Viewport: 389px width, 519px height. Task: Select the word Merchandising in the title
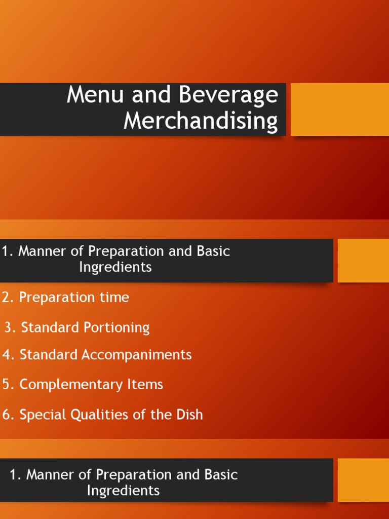(x=201, y=122)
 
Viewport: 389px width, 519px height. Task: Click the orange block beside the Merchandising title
(x=339, y=109)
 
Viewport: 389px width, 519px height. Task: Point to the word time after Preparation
(x=114, y=298)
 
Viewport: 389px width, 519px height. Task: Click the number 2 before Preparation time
(x=6, y=298)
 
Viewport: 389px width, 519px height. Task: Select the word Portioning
(x=116, y=328)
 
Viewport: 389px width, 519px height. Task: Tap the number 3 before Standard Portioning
(x=8, y=328)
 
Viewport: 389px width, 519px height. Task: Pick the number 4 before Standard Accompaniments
(x=6, y=355)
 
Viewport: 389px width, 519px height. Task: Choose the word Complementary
(x=71, y=385)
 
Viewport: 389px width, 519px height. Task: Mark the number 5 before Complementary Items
(x=6, y=385)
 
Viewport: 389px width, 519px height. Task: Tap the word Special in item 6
(x=42, y=415)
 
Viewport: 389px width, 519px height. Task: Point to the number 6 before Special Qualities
(x=6, y=415)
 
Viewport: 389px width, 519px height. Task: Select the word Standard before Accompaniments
(x=49, y=355)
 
